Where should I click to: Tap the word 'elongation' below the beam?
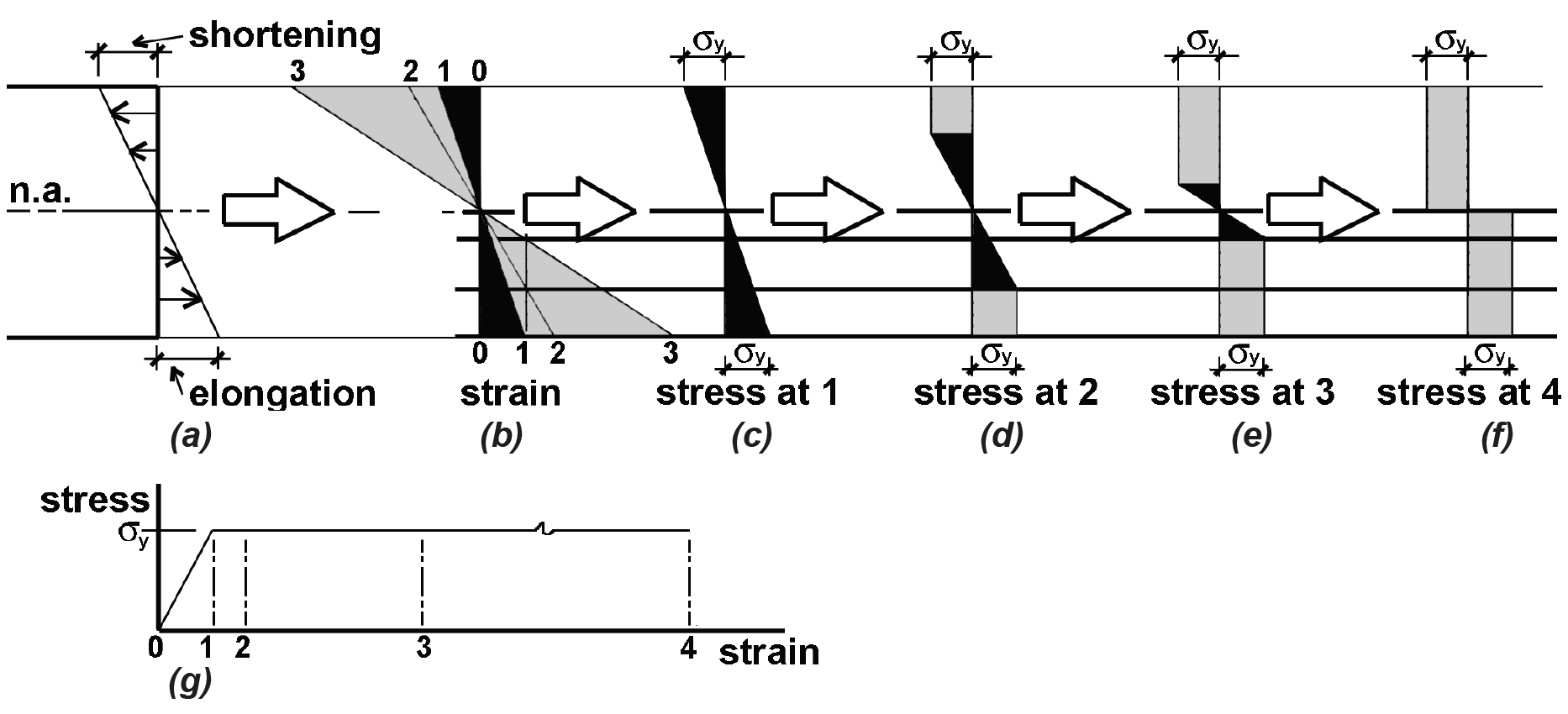(x=282, y=394)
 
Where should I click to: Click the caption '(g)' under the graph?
(x=190, y=680)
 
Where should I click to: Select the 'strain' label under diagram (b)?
(x=510, y=393)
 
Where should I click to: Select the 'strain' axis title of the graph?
(x=769, y=652)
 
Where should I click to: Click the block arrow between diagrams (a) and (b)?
(x=278, y=212)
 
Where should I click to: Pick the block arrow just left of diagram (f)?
(x=1322, y=212)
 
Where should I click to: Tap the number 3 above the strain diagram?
(x=297, y=72)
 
